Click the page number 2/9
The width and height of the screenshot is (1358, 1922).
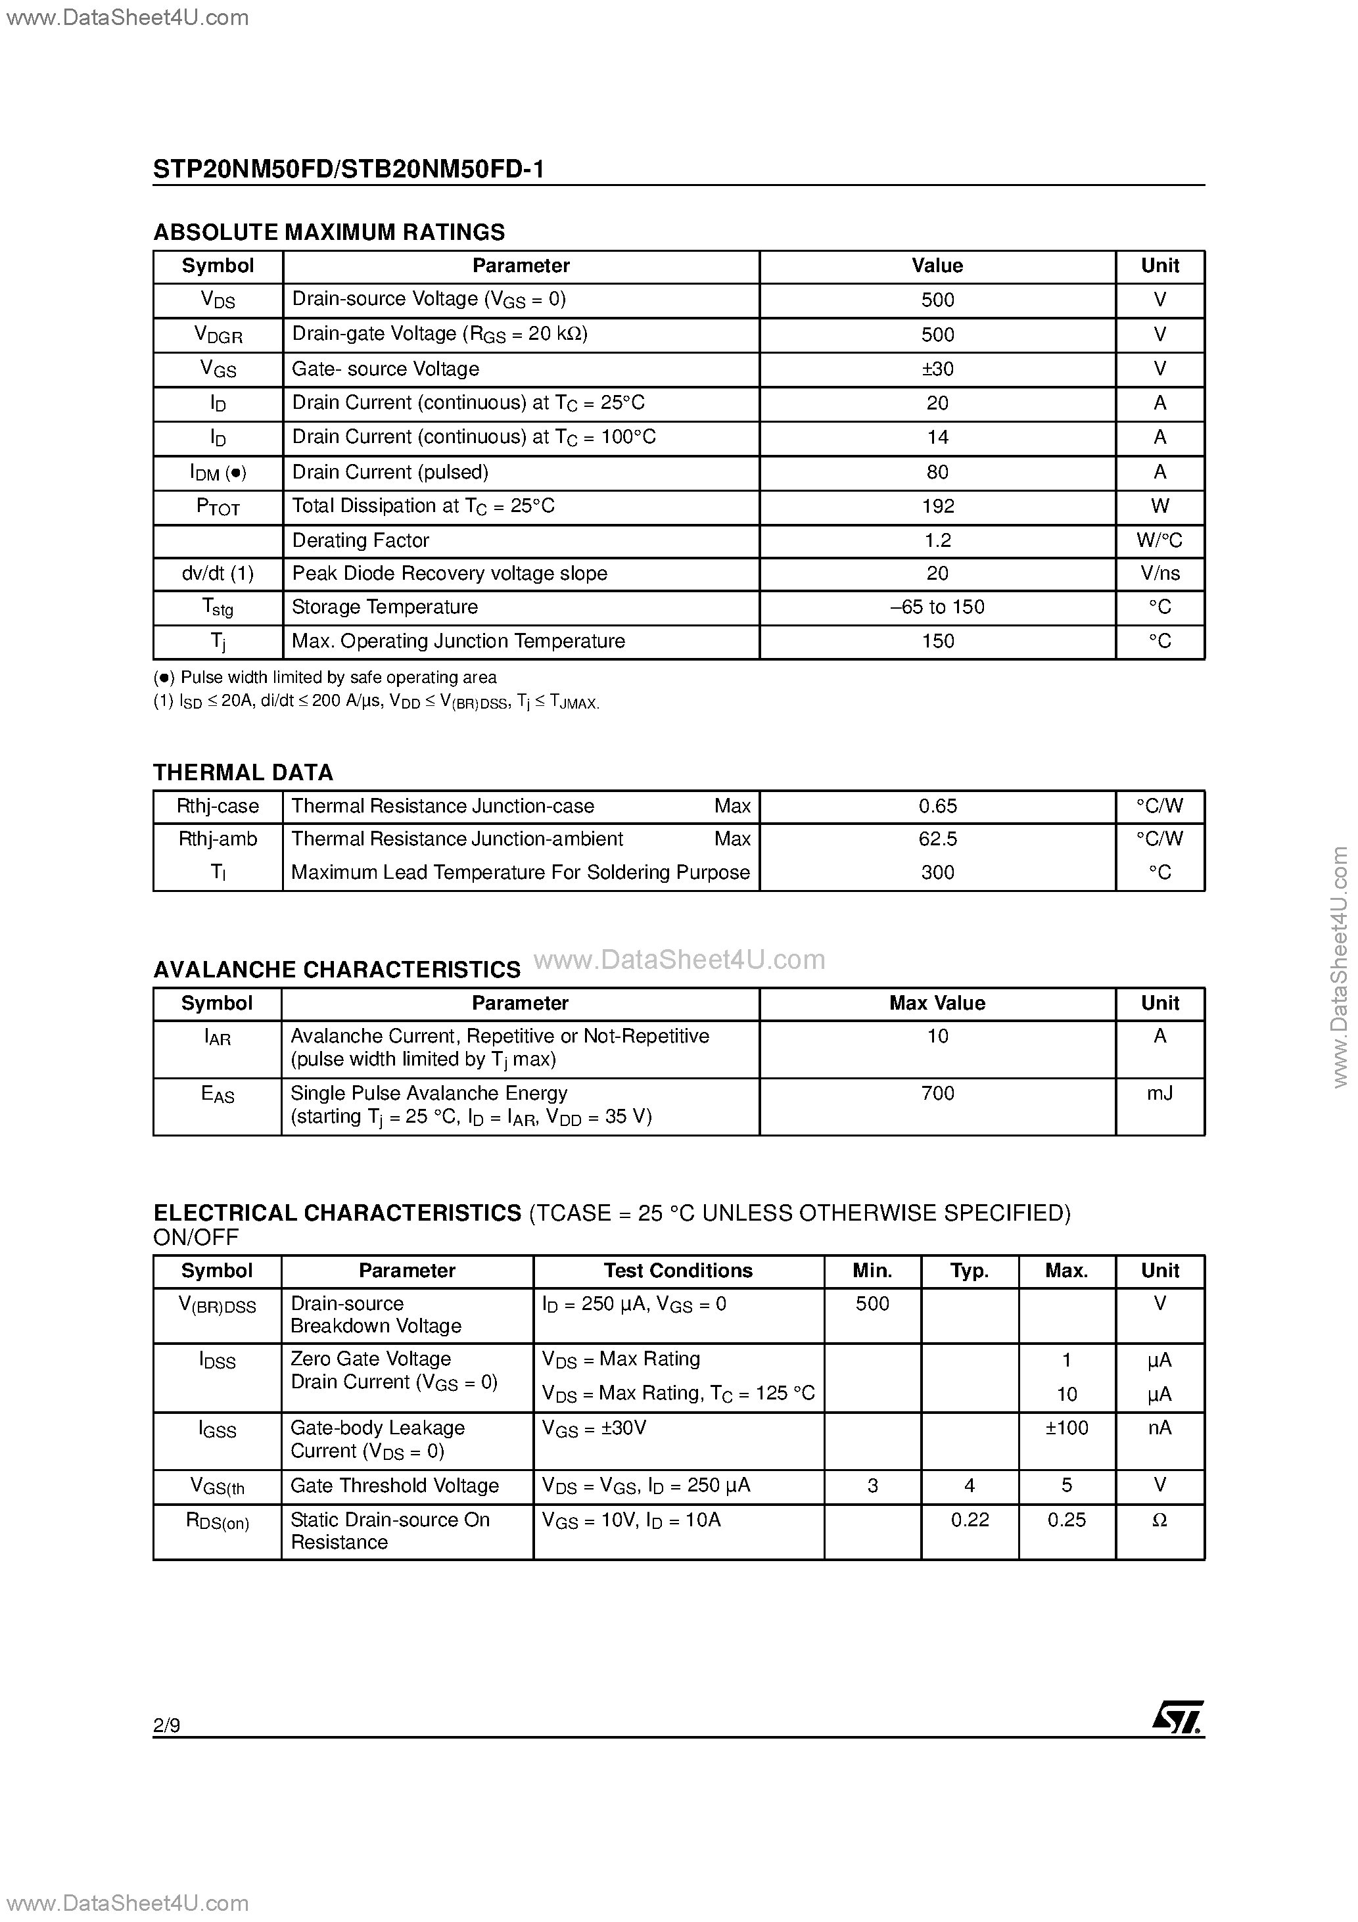point(166,1724)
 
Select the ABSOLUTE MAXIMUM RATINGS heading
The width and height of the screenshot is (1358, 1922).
point(329,232)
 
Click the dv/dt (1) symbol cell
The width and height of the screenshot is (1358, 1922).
point(218,573)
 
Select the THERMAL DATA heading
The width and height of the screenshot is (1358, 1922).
point(243,772)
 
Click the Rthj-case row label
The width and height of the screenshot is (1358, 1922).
point(218,806)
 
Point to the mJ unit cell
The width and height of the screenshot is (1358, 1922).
point(1159,1093)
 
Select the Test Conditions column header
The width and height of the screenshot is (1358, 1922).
point(678,1271)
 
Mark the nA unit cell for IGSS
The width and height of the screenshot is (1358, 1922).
point(1159,1428)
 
